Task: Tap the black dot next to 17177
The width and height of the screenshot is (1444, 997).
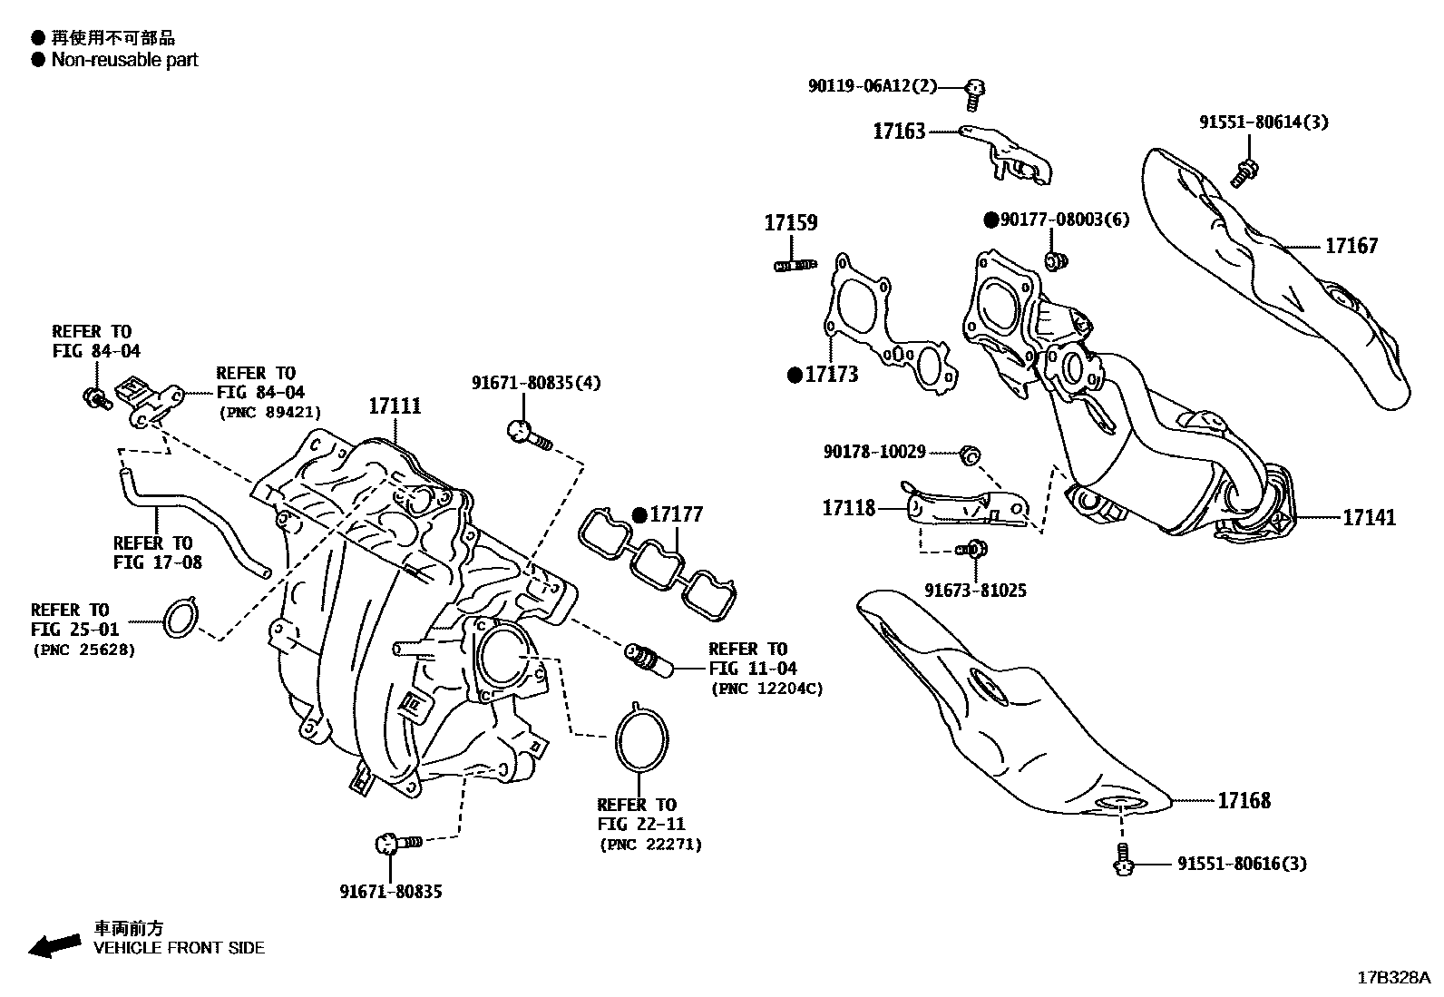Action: (x=639, y=515)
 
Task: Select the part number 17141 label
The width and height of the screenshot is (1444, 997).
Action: (x=1369, y=517)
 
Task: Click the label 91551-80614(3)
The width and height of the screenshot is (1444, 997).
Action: (x=1263, y=122)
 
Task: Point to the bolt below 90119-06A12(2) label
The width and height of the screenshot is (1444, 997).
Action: (x=975, y=89)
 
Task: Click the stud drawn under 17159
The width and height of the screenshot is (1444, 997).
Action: (x=795, y=265)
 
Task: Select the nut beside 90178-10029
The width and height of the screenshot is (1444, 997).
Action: (x=968, y=453)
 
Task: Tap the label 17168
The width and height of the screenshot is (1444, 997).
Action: (x=1244, y=800)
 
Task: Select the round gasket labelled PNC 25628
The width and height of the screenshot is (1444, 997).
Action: (x=181, y=619)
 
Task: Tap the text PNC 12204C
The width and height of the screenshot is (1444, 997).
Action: (x=767, y=689)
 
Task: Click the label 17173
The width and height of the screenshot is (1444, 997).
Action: (x=831, y=374)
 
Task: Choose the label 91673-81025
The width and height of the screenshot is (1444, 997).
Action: (x=975, y=591)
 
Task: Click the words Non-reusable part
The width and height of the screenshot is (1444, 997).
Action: (x=124, y=60)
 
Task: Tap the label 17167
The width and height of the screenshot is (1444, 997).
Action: (x=1351, y=245)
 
